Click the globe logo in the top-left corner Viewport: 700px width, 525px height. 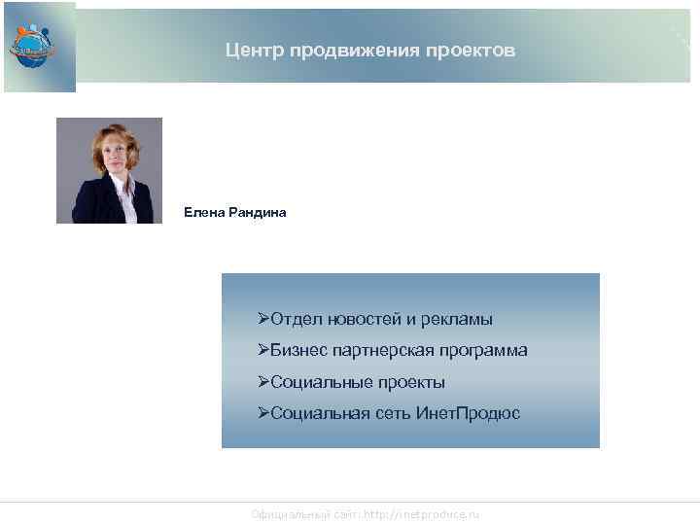point(32,44)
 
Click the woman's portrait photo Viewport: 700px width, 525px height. point(109,170)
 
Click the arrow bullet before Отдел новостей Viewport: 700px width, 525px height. point(263,319)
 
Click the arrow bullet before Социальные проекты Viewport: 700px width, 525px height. point(263,382)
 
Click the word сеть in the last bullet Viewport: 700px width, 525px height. point(394,413)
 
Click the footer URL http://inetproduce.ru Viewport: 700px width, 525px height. point(422,514)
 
